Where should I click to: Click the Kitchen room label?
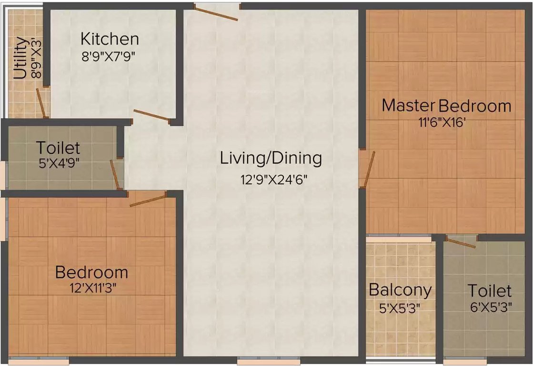110,39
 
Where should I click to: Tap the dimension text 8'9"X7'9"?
109,56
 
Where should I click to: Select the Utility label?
20,58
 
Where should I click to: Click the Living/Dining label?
271,158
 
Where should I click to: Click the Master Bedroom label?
446,105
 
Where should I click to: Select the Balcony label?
400,290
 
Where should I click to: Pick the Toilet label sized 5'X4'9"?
59,148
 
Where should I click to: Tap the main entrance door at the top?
216,13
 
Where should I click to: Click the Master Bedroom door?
369,169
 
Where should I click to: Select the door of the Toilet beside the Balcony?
460,243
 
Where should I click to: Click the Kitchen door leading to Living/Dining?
151,115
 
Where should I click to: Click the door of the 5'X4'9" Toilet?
115,174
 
